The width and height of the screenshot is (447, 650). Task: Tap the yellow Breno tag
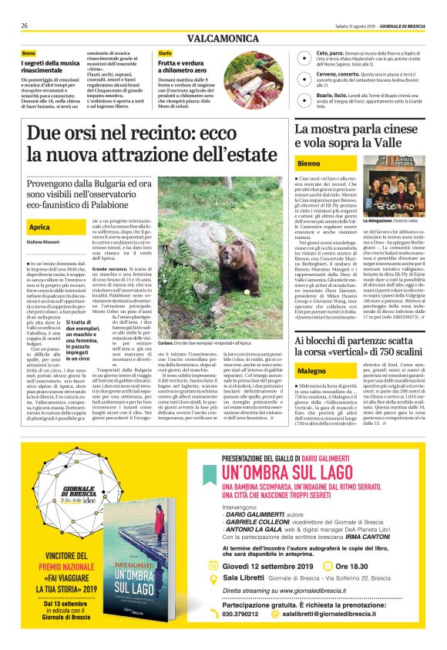29,52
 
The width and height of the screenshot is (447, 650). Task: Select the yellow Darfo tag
165,52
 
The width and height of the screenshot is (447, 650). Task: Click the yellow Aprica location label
40,227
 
